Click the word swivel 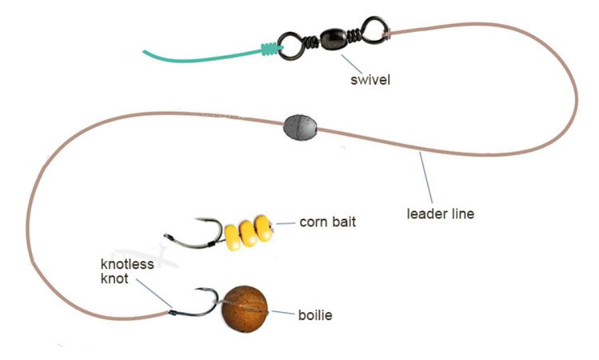[370, 80]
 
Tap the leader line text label [441, 214]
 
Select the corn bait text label [327, 222]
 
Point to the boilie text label [315, 315]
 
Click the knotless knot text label [127, 271]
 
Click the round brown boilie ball [245, 309]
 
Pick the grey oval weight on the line [300, 127]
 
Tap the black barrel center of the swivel [333, 38]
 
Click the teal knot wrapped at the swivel [270, 49]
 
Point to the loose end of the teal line [144, 51]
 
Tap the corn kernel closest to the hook [233, 238]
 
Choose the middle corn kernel [248, 234]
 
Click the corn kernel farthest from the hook [263, 228]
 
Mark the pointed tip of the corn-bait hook [196, 219]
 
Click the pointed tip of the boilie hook [197, 289]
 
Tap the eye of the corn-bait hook [167, 237]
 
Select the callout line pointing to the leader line [426, 178]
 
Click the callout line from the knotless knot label [154, 293]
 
